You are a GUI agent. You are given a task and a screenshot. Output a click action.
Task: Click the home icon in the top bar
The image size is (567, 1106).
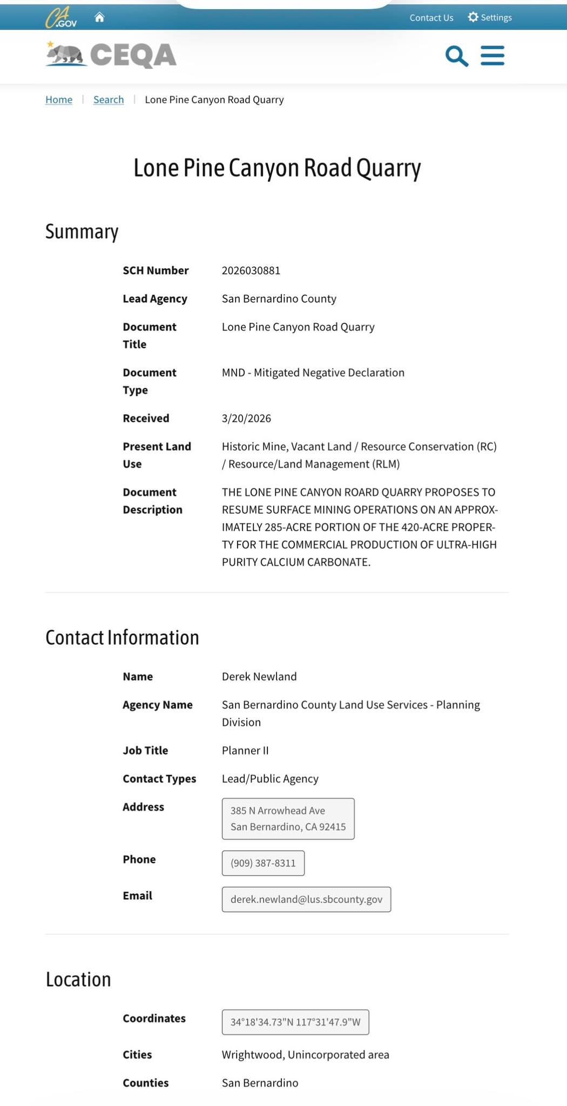(99, 17)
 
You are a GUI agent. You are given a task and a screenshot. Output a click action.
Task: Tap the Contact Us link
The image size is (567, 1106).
(431, 18)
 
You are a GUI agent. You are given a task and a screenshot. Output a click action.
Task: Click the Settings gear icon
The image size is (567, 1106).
(473, 17)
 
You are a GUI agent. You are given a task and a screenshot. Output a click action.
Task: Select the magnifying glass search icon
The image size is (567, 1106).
(456, 56)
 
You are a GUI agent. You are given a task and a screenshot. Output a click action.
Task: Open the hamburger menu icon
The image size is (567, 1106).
(492, 56)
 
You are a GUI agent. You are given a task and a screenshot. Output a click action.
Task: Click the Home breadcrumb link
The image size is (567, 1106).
(59, 99)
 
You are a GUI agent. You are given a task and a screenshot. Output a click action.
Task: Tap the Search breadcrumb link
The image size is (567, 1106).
(109, 99)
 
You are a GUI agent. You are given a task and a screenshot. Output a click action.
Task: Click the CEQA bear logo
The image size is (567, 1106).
(66, 55)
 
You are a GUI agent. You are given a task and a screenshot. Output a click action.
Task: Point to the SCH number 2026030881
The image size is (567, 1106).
(251, 271)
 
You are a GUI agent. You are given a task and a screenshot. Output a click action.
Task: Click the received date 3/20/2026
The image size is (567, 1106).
(246, 419)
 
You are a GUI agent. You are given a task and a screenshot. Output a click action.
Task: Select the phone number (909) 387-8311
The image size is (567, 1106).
(263, 863)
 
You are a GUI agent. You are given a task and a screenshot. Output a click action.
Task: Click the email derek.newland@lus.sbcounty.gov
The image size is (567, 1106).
(306, 899)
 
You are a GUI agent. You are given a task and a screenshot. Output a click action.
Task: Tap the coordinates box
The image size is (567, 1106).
(295, 1022)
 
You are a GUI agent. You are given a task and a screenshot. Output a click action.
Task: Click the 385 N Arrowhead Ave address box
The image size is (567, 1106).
(288, 819)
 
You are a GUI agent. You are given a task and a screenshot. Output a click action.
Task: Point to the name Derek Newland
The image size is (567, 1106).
(259, 677)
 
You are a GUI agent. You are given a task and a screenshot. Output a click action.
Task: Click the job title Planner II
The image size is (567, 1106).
(245, 751)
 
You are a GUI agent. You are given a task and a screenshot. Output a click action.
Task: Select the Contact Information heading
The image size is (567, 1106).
(122, 638)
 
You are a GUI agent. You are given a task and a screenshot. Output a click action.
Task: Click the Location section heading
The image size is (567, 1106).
(78, 980)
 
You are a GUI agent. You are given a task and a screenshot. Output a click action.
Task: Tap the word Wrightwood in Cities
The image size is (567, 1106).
(252, 1055)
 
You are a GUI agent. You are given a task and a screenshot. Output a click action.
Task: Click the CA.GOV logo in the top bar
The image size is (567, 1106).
(61, 18)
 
